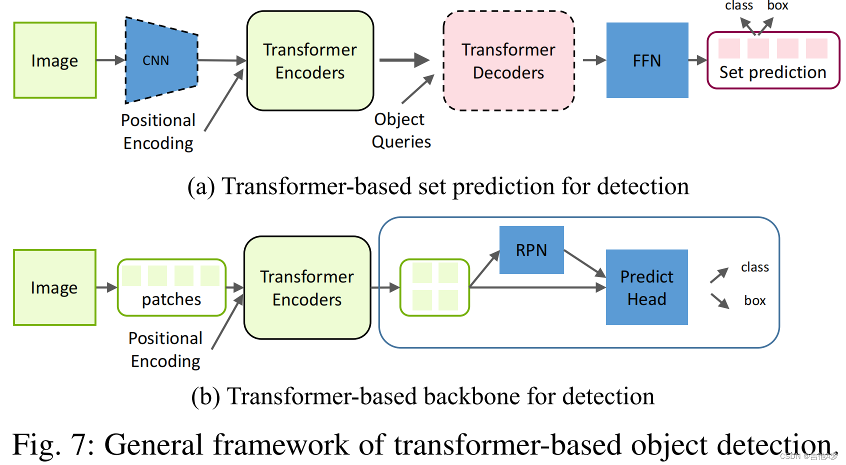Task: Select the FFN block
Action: (647, 60)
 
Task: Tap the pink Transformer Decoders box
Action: (508, 60)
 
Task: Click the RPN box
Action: (531, 250)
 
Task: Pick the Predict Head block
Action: (646, 287)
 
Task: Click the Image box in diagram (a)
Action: (54, 60)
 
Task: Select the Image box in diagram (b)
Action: (54, 287)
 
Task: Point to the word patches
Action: (171, 299)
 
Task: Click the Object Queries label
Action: (400, 130)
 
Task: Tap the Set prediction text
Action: (772, 72)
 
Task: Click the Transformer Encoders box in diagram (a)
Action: (310, 60)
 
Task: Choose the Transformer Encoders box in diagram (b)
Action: (307, 287)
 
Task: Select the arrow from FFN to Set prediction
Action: (697, 60)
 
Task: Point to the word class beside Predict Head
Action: (754, 267)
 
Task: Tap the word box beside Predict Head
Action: (754, 300)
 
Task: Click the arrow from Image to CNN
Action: (110, 60)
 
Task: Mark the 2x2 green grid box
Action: (435, 287)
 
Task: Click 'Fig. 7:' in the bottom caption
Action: (53, 444)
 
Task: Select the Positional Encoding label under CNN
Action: (158, 131)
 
